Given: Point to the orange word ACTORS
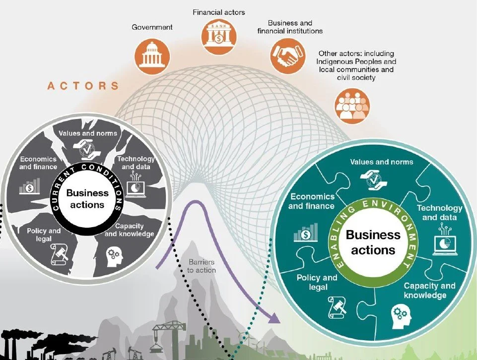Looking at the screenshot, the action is (x=83, y=86).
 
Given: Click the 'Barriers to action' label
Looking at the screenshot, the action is (x=203, y=266).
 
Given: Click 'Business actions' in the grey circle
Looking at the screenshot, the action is (x=87, y=198).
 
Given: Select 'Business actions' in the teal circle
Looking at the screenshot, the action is (x=373, y=241).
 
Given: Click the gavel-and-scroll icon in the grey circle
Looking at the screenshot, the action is (x=59, y=254).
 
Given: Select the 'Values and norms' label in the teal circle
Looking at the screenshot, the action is (x=381, y=162).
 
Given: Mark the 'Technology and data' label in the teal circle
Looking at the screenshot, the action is (x=439, y=213).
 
